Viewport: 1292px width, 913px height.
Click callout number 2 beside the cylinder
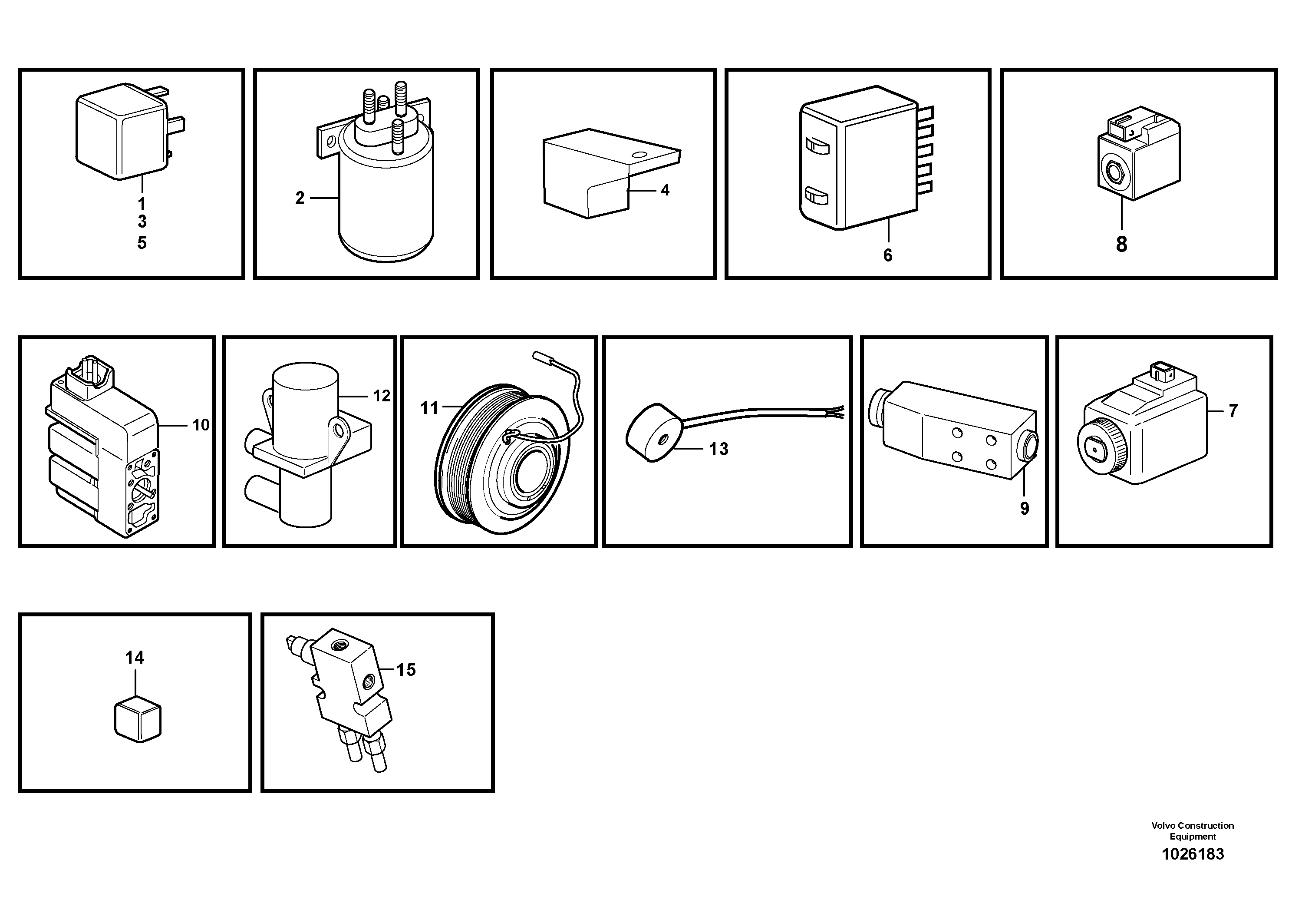[x=300, y=198]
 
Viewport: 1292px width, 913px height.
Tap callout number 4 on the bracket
[x=665, y=190]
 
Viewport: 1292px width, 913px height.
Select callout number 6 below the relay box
[x=887, y=255]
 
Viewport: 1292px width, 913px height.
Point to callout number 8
[x=1121, y=245]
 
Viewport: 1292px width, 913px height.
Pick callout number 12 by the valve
[x=381, y=396]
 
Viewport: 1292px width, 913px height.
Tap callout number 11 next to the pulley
[x=429, y=408]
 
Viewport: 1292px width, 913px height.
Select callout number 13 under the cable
[x=718, y=449]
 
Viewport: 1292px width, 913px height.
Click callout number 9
[x=1024, y=509]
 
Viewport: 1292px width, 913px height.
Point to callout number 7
[x=1233, y=411]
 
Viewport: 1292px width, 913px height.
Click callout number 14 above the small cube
[x=135, y=658]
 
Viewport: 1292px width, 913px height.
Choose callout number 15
[x=406, y=670]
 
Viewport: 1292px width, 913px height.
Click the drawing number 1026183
[x=1193, y=854]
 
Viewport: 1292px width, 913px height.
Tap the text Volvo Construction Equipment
[x=1193, y=831]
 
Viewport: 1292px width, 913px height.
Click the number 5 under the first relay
[x=142, y=243]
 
